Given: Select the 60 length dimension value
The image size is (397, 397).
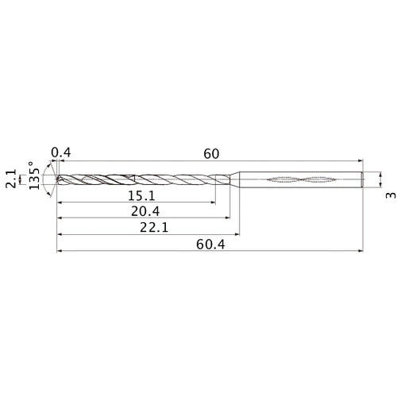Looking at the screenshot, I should [210, 152].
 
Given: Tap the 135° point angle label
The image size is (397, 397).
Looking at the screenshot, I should [34, 180].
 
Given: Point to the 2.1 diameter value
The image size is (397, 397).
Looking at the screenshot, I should [11, 183].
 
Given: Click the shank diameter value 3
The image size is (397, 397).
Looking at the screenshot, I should [389, 195].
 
